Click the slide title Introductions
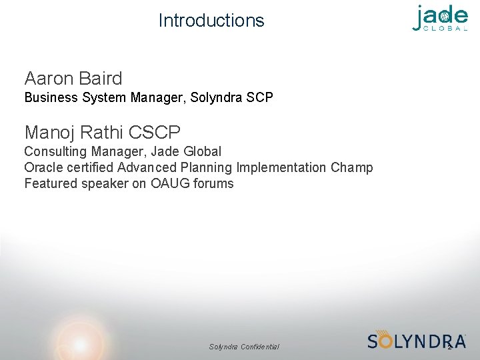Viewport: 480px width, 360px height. (x=211, y=21)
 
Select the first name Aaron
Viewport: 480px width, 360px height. (x=49, y=79)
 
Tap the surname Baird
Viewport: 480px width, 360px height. (x=101, y=79)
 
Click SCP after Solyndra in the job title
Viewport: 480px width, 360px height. (x=259, y=98)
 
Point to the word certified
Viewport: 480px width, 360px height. (x=89, y=167)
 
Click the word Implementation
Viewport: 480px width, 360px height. (x=280, y=167)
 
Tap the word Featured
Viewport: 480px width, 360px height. (x=49, y=183)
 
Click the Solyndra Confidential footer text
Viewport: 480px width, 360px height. (x=244, y=347)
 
